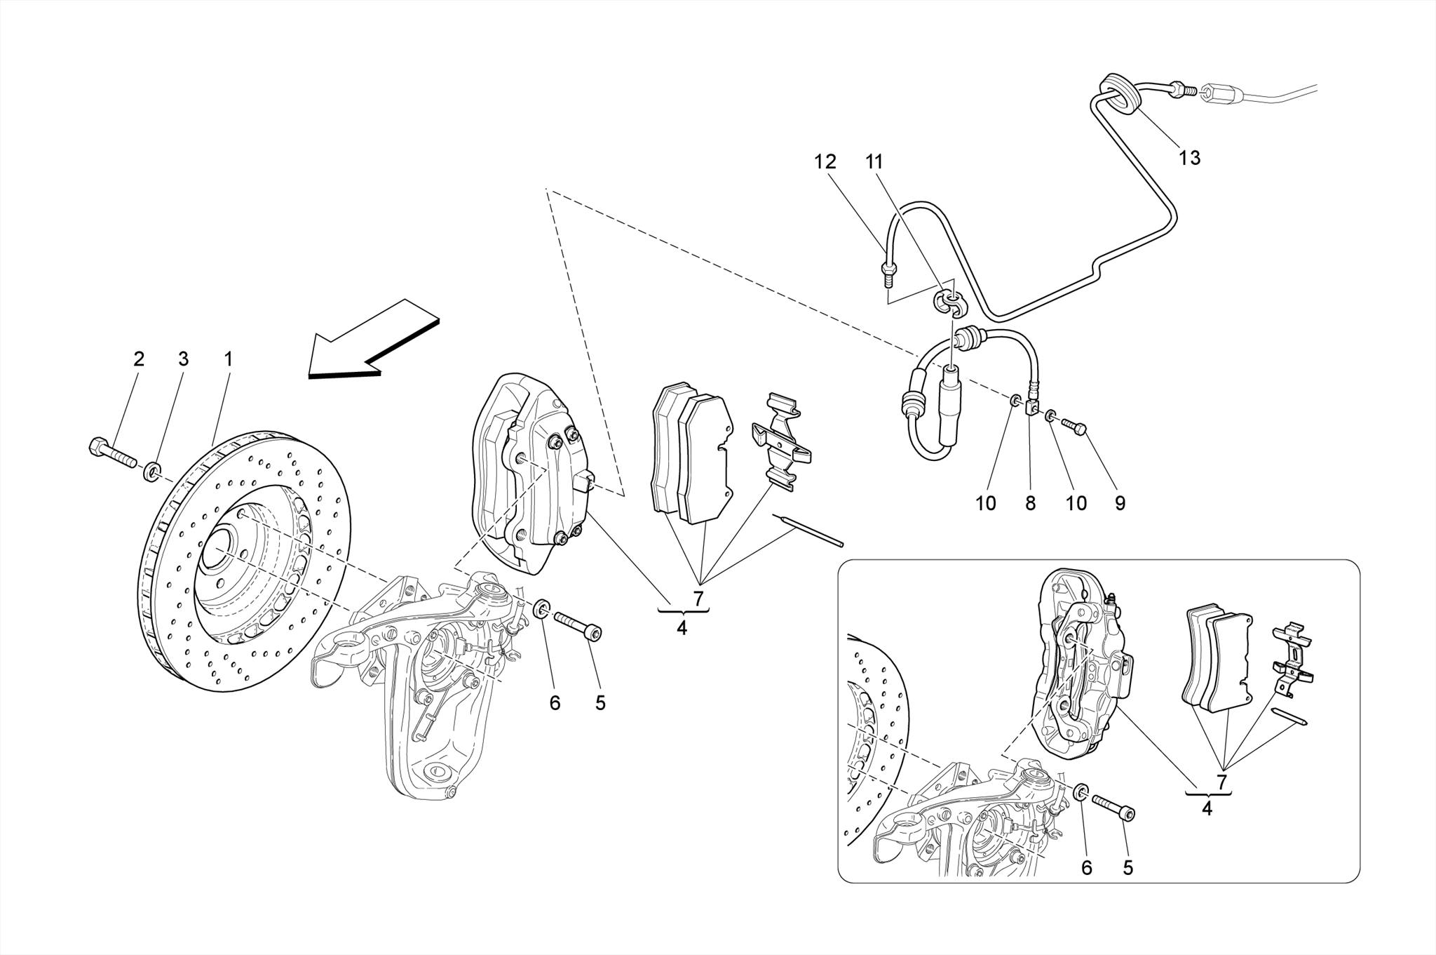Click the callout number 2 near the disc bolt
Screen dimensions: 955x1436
coord(139,359)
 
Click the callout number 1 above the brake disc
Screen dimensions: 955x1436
coord(228,359)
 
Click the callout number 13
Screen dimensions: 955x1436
coord(1189,159)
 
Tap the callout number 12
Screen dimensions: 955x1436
coord(825,162)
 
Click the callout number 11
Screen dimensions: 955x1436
coord(874,162)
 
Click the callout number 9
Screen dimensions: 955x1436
coord(1120,503)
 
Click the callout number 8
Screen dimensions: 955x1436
coord(1030,503)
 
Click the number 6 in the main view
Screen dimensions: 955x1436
coord(555,703)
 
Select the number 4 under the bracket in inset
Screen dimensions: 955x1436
coord(1207,809)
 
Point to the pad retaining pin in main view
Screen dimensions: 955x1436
coord(808,530)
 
